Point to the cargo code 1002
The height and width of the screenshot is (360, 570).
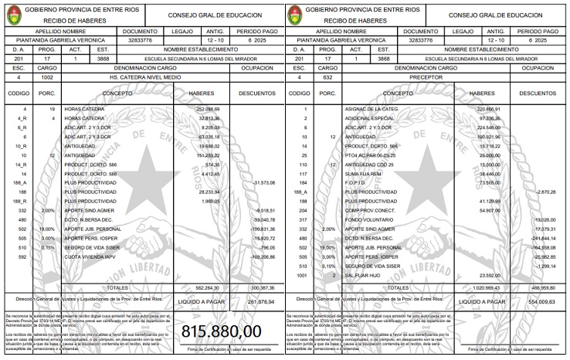[x=47, y=78]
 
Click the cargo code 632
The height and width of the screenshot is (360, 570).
[x=328, y=78]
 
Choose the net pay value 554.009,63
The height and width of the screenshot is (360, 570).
[x=543, y=301]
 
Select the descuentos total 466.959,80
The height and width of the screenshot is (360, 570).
[x=542, y=287]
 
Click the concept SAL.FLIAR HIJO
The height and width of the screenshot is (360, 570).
[x=367, y=275]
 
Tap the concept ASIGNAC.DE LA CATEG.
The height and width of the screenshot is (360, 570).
[x=374, y=110]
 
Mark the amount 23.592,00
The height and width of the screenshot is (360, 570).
[x=488, y=275]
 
